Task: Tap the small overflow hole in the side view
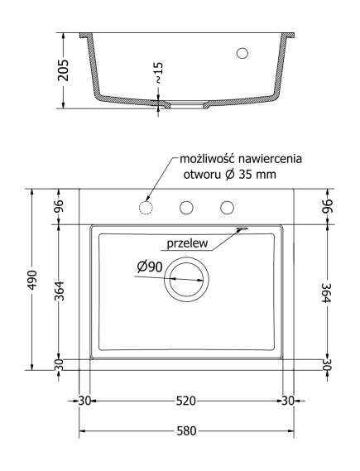coord(242,53)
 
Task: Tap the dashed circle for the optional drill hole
coord(146,207)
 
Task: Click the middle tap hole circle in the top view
coord(187,207)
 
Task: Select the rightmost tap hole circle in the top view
coord(227,207)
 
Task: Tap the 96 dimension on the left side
coord(59,206)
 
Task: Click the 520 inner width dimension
coord(186,401)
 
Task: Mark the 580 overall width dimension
coord(186,431)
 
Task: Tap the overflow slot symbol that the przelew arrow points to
coord(242,230)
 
